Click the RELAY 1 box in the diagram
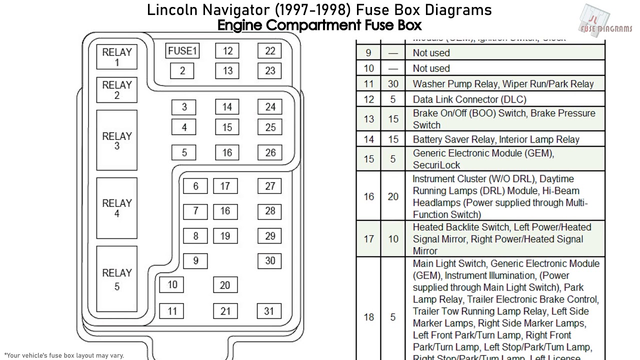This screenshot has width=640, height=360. tap(117, 56)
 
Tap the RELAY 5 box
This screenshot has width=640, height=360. tap(117, 279)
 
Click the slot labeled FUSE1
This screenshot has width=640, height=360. tap(182, 51)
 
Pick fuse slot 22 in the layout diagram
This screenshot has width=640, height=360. tap(270, 51)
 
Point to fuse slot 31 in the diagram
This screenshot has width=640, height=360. tap(269, 311)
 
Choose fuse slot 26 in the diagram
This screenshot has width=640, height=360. tap(270, 152)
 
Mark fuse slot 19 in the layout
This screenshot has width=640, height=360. tap(225, 236)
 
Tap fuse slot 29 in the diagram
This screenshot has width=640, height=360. tap(270, 236)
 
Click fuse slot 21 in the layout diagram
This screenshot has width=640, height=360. tap(225, 311)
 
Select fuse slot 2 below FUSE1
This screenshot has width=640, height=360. tap(182, 71)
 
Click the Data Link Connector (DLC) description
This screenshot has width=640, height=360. tap(469, 99)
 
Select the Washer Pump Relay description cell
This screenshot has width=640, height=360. tap(502, 84)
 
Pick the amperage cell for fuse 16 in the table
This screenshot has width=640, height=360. tap(393, 196)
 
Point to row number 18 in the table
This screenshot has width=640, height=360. tap(369, 317)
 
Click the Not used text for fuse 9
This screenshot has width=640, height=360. tap(431, 53)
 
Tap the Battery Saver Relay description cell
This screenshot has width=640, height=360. tap(495, 139)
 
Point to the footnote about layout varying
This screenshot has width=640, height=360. tap(63, 355)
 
